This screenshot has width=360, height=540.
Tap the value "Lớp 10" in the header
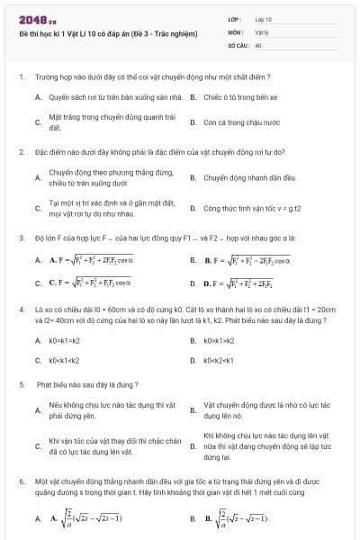click(x=263, y=18)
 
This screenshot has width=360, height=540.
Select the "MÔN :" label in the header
click(x=235, y=31)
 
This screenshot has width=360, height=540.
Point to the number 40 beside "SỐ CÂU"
click(x=258, y=43)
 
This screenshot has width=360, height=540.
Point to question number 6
click(x=22, y=482)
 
